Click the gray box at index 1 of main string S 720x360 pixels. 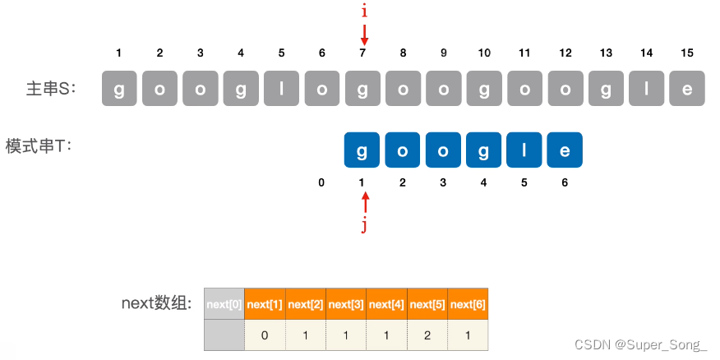[119, 89]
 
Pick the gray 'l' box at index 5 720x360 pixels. [281, 89]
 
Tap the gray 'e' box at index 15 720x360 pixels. [687, 89]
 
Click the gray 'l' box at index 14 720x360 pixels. [647, 89]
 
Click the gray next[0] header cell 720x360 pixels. [224, 304]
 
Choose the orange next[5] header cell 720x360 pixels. [427, 304]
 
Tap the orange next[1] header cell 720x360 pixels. [265, 304]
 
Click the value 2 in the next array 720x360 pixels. [427, 335]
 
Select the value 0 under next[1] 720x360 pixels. [265, 335]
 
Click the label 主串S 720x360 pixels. [51, 89]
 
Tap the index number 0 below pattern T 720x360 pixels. [321, 182]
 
